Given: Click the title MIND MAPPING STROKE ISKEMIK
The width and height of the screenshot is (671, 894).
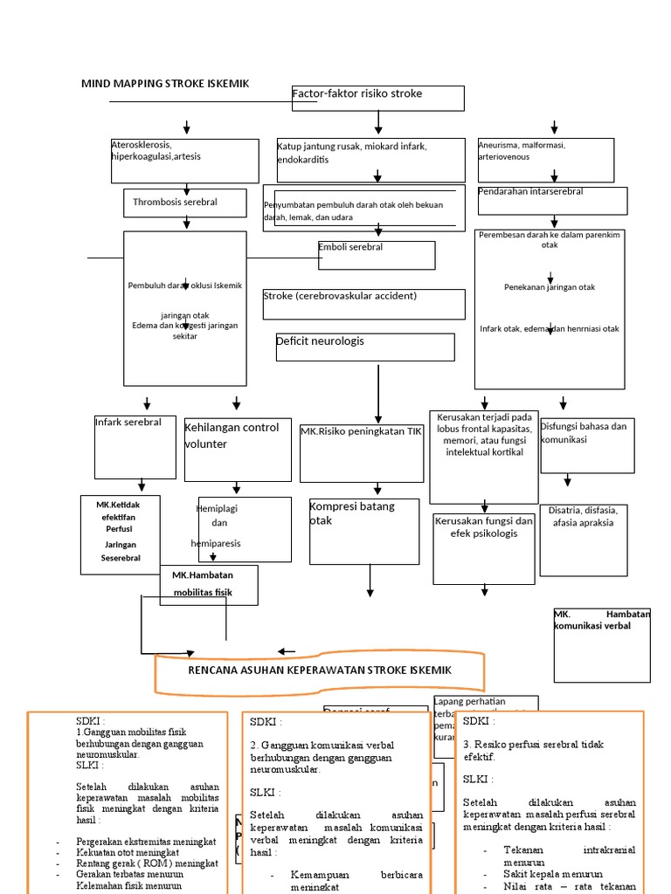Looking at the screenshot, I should pos(165,84).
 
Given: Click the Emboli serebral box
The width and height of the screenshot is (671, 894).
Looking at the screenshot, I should pos(376,255).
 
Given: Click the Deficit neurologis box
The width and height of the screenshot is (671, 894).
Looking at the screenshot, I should pos(364,347).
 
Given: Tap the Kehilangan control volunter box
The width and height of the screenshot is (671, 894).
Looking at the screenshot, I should pos(237,449).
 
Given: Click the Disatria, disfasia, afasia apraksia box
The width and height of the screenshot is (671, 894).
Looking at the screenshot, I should pos(583,540).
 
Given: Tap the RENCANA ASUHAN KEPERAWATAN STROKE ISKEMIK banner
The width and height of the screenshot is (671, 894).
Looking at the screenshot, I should pos(320,670).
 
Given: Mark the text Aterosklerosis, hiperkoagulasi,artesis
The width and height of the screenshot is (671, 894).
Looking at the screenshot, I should pos(184,160).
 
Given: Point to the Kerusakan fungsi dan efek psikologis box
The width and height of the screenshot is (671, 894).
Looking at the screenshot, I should pos(484,548).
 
